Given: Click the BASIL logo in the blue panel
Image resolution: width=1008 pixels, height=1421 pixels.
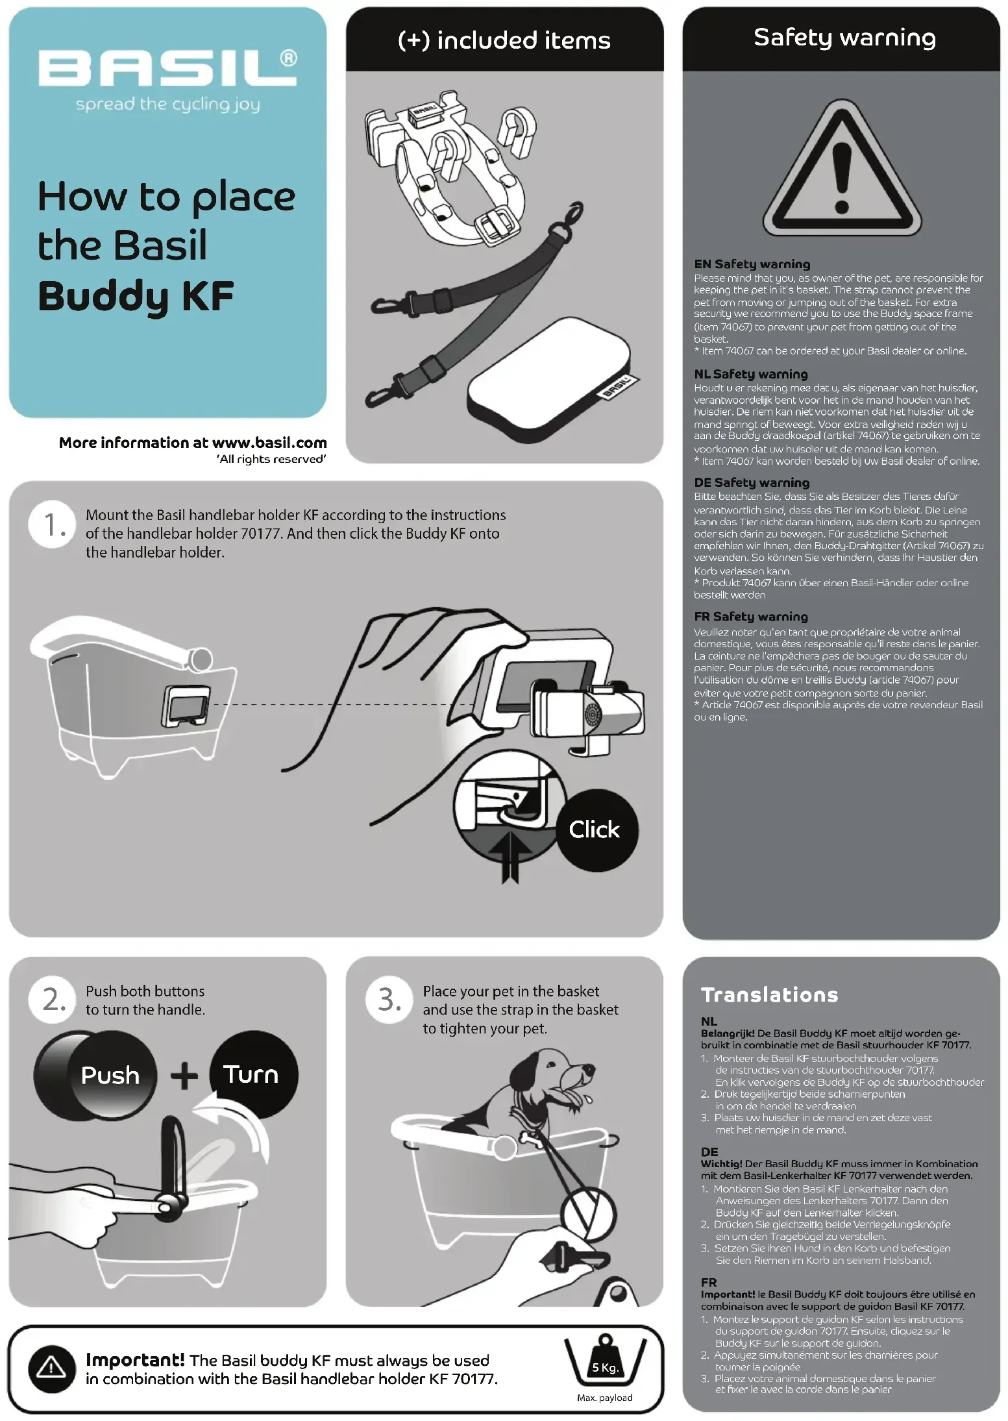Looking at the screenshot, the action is tap(167, 68).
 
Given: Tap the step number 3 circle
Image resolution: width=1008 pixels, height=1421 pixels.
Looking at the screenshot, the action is tap(390, 999).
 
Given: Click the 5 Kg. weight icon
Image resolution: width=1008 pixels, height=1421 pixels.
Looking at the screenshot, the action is tap(605, 1360).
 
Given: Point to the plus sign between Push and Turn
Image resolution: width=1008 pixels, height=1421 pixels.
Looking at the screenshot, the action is tap(184, 1076).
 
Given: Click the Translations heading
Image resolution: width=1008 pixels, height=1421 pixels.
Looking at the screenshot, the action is tap(770, 995).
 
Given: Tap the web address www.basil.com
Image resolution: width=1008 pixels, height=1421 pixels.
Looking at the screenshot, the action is tap(269, 443).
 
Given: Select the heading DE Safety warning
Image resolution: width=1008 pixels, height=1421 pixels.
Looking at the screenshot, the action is tap(752, 482).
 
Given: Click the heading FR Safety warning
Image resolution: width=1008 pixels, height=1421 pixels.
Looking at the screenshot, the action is tap(751, 617).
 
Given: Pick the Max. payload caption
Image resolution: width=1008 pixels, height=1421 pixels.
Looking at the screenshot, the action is tap(604, 1397).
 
